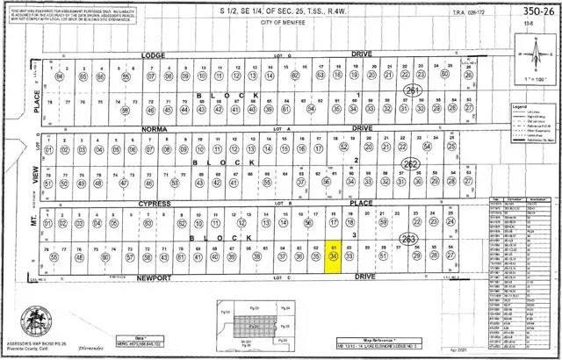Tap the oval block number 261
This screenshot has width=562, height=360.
pyautogui.click(x=413, y=90)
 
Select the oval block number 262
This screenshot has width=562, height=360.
pyautogui.click(x=409, y=163)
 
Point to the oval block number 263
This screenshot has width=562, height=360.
pyautogui.click(x=407, y=239)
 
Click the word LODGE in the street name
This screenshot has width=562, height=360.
pyautogui.click(x=154, y=54)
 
